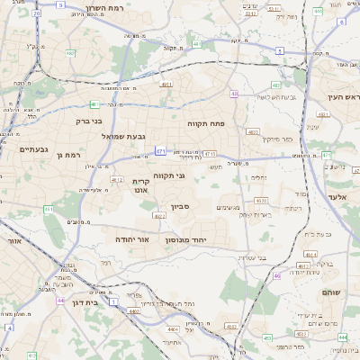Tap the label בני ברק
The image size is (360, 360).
[88, 119]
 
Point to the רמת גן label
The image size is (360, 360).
[68, 155]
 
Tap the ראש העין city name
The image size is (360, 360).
[343, 96]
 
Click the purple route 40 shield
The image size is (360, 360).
[234, 94]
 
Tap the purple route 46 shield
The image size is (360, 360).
[277, 275]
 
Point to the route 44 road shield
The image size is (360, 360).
[59, 300]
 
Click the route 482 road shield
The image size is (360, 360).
[71, 53]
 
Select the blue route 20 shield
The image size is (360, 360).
[36, 15]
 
